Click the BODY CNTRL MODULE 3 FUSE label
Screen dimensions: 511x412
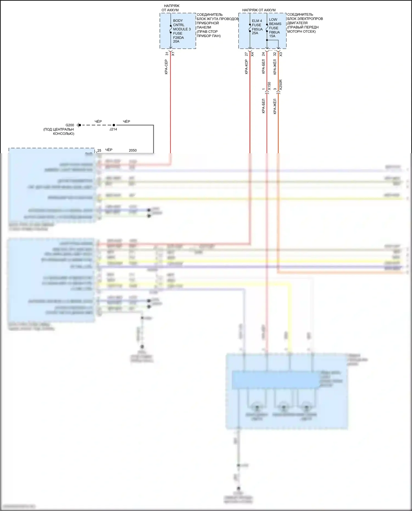(182, 27)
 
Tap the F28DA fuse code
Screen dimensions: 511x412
(178, 38)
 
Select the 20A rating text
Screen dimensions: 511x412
(176, 42)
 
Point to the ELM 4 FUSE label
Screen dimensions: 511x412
(257, 23)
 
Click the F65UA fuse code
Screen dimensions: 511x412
(257, 29)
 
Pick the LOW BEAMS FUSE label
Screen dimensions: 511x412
(275, 24)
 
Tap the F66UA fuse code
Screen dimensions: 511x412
(274, 32)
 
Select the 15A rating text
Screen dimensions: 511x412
(272, 36)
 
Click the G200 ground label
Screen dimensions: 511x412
(70, 125)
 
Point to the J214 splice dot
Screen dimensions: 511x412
(114, 125)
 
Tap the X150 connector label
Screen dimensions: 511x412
(269, 86)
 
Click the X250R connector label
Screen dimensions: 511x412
(280, 85)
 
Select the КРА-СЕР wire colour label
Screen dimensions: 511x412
(166, 67)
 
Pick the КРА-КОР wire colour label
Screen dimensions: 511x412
(246, 67)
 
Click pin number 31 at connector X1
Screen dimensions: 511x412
(167, 54)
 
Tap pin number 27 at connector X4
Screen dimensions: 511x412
(246, 54)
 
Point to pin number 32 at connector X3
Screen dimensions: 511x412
(275, 54)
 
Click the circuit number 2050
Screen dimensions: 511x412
(133, 150)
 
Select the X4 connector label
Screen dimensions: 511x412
(252, 54)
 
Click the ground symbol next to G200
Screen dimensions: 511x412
(78, 125)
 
